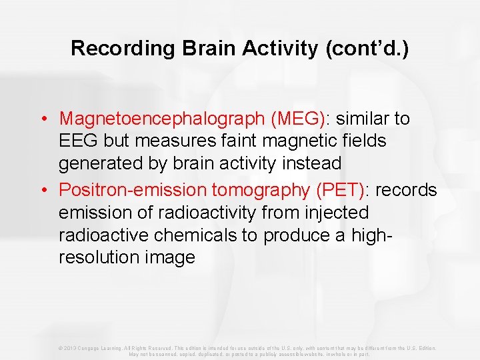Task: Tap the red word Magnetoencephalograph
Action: click(162, 119)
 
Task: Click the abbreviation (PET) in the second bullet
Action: click(340, 190)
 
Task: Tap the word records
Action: click(406, 190)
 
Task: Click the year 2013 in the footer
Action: click(70, 348)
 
